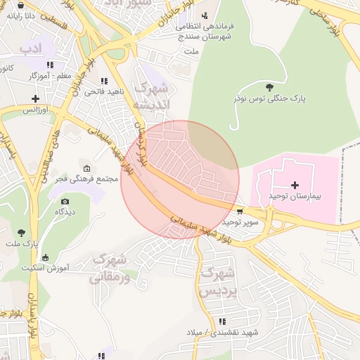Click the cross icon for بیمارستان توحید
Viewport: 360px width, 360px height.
[x=294, y=184]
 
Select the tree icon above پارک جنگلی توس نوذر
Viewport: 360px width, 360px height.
[x=270, y=87]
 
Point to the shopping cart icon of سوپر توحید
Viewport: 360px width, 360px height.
[x=241, y=211]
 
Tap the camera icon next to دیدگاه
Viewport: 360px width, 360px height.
[x=65, y=201]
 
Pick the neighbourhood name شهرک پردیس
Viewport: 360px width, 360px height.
[x=218, y=280]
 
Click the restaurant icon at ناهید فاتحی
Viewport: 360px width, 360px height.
[x=104, y=82]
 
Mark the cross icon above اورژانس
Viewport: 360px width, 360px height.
[x=35, y=98]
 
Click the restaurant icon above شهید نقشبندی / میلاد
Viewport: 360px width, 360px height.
[x=223, y=321]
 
